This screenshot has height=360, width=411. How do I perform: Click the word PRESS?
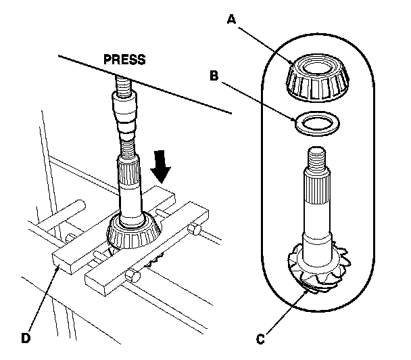(x=124, y=59)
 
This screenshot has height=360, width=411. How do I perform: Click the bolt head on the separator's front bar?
(x=133, y=276)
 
